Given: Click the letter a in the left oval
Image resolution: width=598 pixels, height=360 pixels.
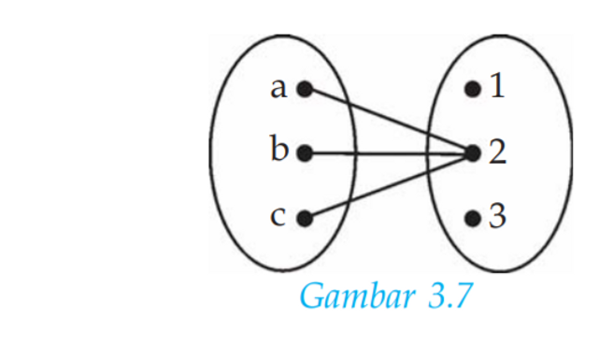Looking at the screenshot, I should (x=278, y=89).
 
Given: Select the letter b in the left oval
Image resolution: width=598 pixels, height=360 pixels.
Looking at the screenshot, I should (x=278, y=151).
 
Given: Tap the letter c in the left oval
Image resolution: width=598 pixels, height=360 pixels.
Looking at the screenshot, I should (x=278, y=218).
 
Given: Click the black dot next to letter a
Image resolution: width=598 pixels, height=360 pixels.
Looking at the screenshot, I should (x=303, y=90).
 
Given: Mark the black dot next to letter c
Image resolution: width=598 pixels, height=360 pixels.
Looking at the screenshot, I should (x=303, y=219).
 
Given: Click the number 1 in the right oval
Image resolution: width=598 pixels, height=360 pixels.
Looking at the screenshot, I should (x=497, y=89).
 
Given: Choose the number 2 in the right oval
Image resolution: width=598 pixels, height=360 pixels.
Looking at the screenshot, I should (x=497, y=152).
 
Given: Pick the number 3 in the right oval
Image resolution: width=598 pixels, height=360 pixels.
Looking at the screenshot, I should (x=497, y=218).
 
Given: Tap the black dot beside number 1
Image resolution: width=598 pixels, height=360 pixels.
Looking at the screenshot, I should (x=473, y=90).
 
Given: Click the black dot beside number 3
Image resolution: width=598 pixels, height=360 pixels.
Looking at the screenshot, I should (x=473, y=219).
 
